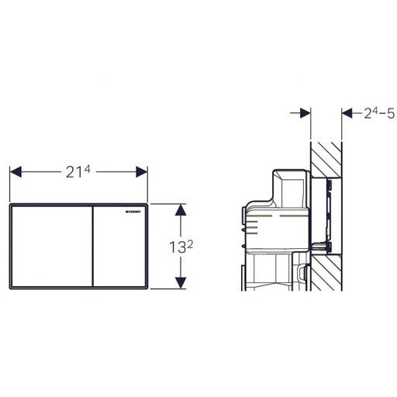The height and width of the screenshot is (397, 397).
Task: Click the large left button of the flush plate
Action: coord(51,246)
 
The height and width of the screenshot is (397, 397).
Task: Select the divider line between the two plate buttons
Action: coord(92,246)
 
